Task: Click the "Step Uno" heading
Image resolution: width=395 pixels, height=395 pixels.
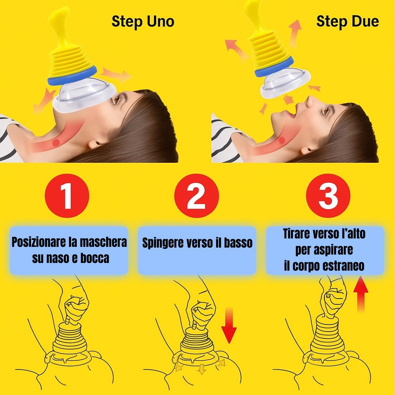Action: tap(143, 22)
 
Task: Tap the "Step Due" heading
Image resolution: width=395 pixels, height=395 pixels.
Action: tap(347, 22)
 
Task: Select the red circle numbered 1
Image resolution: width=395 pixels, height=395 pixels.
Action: tap(67, 196)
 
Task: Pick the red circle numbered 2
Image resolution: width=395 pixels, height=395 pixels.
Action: tap(196, 196)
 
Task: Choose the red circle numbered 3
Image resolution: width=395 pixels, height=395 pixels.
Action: tap(328, 196)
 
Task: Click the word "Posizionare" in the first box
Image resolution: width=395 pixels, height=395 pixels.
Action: tap(39, 242)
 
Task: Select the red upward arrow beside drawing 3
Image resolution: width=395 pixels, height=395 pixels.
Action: tap(361, 294)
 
